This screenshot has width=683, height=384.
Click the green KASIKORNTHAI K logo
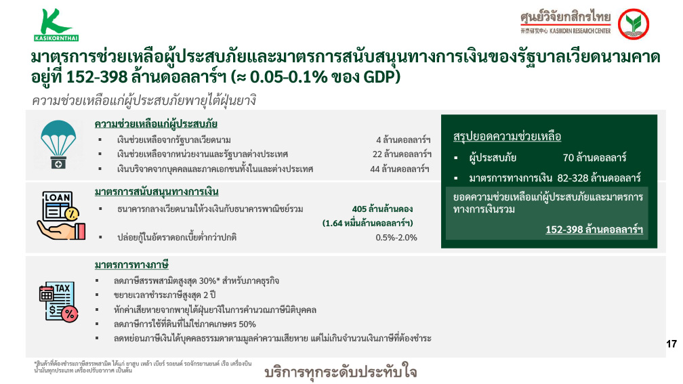click(x=56, y=25)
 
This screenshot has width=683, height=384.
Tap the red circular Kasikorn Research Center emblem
click(x=634, y=24)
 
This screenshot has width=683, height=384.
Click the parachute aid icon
click(x=58, y=144)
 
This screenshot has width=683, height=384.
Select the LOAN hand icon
click(x=62, y=215)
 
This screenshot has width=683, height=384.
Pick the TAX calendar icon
click(x=59, y=302)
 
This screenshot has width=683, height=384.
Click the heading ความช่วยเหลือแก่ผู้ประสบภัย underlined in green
click(x=156, y=124)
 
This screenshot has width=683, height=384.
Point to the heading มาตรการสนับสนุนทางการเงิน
click(x=157, y=192)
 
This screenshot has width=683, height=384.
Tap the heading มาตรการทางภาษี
click(x=131, y=265)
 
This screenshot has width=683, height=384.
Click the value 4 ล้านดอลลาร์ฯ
click(x=403, y=140)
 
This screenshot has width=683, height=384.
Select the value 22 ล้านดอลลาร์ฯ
click(x=402, y=154)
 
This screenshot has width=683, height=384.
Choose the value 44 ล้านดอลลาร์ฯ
click(x=400, y=169)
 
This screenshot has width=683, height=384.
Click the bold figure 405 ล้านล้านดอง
click(x=382, y=209)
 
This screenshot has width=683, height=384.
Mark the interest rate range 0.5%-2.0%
click(x=396, y=238)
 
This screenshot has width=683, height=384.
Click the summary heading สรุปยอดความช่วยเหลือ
click(x=507, y=137)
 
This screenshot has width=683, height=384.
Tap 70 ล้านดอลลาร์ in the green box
click(x=595, y=158)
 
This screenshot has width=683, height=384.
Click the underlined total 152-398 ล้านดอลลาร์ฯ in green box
click(x=595, y=230)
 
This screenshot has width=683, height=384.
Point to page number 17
click(x=671, y=344)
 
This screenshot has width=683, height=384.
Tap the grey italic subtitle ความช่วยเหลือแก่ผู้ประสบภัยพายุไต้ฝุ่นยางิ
click(x=144, y=100)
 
